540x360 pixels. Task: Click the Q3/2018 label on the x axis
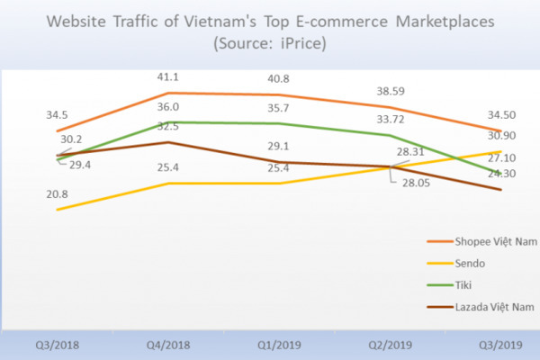pyautogui.click(x=58, y=343)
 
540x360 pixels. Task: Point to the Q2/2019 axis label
pyautogui.click(x=391, y=343)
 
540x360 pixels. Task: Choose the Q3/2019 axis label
pyautogui.click(x=499, y=343)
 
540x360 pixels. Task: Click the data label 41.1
pyautogui.click(x=167, y=77)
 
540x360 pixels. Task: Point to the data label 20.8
pyautogui.click(x=58, y=194)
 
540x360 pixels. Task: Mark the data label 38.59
pyautogui.click(x=391, y=92)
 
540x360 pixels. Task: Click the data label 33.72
pyautogui.click(x=391, y=118)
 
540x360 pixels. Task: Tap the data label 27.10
pyautogui.click(x=499, y=154)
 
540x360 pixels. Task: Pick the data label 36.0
pyautogui.click(x=167, y=106)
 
